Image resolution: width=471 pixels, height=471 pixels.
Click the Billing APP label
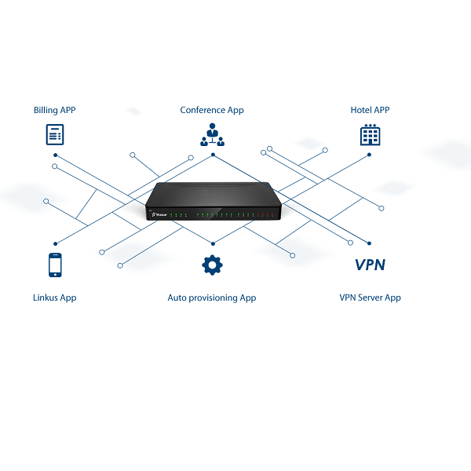click(x=55, y=110)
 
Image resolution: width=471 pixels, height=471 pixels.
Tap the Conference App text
click(x=212, y=110)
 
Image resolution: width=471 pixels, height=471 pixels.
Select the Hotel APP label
click(x=370, y=110)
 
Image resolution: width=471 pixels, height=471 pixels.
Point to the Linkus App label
click(x=55, y=298)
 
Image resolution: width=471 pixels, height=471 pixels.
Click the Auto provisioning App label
click(x=212, y=298)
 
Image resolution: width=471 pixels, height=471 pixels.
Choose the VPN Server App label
click(x=370, y=298)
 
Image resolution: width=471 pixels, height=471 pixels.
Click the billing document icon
click(x=55, y=134)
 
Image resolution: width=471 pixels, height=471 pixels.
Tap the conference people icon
click(x=213, y=134)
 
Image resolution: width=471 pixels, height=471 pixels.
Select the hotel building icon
click(x=370, y=134)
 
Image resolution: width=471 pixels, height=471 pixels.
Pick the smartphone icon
click(x=55, y=265)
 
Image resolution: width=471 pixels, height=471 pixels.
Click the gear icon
click(x=213, y=265)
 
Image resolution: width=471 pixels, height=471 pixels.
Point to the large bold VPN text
click(x=370, y=265)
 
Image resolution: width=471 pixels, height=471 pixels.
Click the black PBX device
click(x=214, y=201)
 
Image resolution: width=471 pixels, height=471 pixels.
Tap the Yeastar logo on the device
click(x=159, y=214)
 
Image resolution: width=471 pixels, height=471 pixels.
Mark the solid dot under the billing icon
click(x=55, y=155)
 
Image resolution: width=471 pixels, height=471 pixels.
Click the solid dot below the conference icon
click(x=214, y=155)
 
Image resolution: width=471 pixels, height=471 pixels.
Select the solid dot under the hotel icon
click(x=370, y=155)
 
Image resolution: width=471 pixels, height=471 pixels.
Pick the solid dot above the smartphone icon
click(x=55, y=244)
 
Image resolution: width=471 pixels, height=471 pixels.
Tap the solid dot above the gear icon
click(x=213, y=244)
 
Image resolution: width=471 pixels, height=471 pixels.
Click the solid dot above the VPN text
click(x=370, y=243)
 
